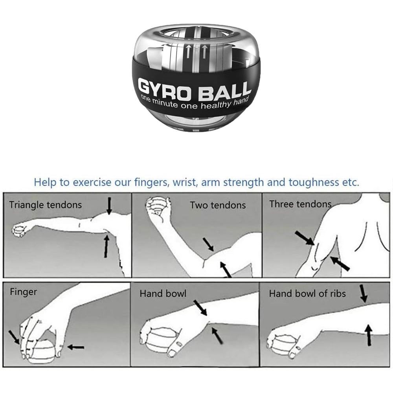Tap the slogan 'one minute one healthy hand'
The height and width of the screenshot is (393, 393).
point(195,103)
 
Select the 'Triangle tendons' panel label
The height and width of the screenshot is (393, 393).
point(46,205)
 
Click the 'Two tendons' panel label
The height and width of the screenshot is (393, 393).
point(218,205)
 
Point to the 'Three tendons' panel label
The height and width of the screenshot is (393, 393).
point(300,204)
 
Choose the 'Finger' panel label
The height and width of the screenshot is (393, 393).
point(23,292)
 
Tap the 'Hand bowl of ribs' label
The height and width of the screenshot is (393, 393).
point(307,294)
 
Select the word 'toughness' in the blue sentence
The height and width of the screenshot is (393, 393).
point(314,183)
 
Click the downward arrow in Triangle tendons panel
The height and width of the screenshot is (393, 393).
point(109,206)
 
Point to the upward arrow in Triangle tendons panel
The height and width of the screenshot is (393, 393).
point(107,246)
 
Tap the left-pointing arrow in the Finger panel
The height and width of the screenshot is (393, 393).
point(76,347)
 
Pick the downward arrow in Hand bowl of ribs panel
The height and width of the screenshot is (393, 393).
point(364,294)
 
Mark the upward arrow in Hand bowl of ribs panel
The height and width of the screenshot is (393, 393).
point(369,335)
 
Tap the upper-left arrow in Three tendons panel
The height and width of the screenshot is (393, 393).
point(304,238)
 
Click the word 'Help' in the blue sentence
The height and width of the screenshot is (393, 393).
point(45,182)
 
